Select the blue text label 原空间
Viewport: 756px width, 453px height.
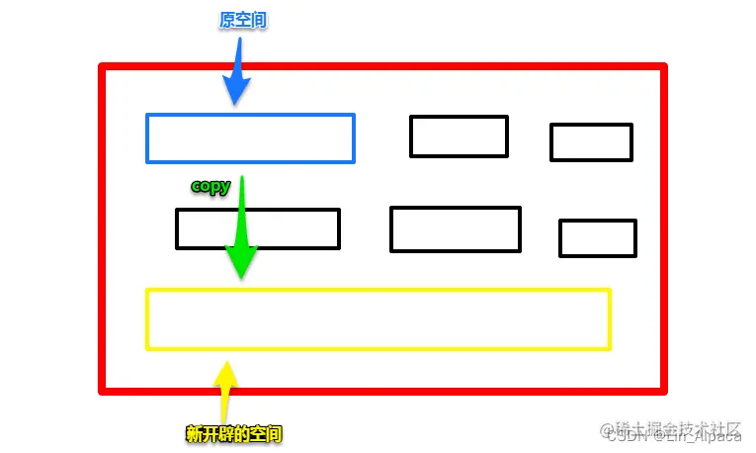242,20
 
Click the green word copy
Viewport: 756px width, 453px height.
210,186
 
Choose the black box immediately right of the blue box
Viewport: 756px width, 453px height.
459,136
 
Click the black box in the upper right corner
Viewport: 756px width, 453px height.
591,142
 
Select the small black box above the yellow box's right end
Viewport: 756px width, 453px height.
597,238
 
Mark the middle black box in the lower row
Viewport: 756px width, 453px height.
455,229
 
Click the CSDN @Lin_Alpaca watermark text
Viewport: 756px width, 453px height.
672,437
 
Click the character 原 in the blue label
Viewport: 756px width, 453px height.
226,20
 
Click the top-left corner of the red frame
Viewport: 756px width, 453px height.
103,67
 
